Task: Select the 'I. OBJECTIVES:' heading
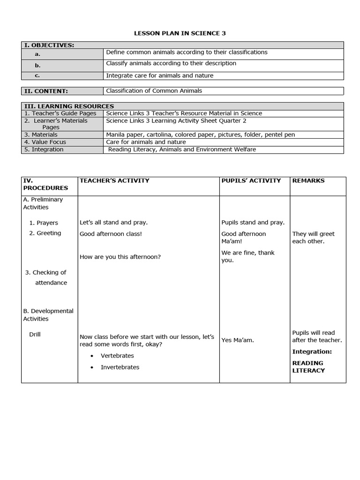point(48,45)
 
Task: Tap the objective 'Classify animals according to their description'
point(171,63)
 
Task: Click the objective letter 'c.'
point(37,75)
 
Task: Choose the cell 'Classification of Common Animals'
point(154,91)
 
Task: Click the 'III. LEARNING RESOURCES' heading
point(68,106)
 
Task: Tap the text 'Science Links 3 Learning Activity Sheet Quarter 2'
point(176,120)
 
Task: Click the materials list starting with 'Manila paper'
point(200,135)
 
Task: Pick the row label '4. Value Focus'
point(45,142)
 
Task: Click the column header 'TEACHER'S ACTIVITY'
point(114,180)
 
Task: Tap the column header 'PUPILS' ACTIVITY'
point(251,180)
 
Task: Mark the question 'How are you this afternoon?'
point(120,257)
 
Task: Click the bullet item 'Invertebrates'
point(120,367)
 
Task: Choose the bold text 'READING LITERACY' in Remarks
point(308,367)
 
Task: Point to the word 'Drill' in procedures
point(35,335)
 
